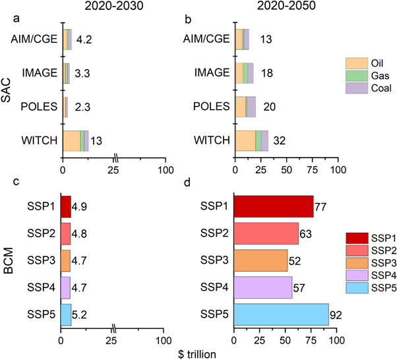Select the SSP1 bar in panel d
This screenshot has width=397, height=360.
(273, 206)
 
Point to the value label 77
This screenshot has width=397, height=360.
(321, 207)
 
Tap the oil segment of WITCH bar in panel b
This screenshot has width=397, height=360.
(245, 140)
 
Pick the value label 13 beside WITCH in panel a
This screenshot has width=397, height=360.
(96, 140)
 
